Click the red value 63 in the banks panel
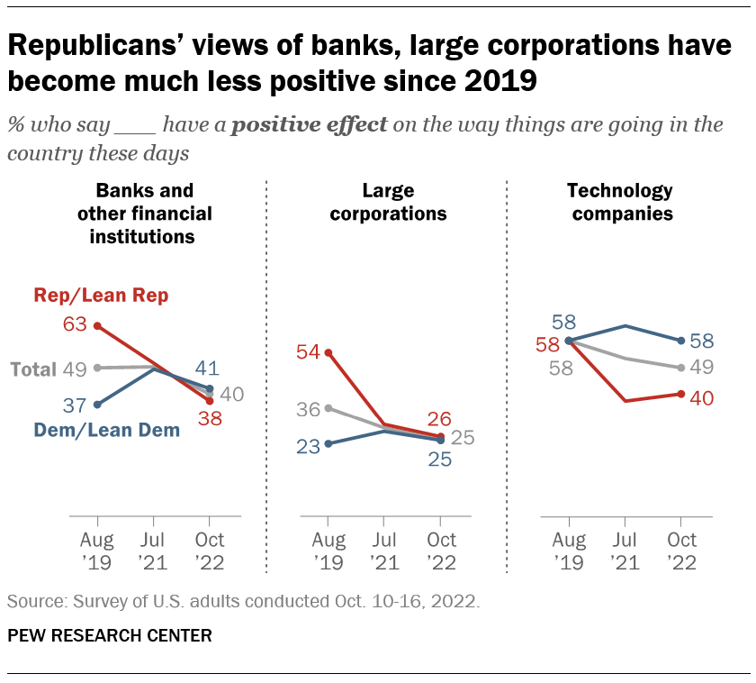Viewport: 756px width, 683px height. point(75,324)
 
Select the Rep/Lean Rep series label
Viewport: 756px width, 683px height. point(101,295)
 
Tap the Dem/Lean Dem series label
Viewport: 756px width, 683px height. point(107,431)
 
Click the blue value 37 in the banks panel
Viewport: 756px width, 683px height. point(75,405)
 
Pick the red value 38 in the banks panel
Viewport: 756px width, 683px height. point(209,418)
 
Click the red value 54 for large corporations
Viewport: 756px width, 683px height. point(308,352)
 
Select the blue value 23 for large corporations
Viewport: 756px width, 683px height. point(308,445)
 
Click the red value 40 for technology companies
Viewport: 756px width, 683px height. point(703,397)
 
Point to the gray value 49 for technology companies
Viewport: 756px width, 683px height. point(703,367)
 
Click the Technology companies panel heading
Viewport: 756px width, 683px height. point(619,202)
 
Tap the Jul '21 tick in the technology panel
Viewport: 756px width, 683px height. point(625,551)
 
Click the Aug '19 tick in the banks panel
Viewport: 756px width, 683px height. point(96,551)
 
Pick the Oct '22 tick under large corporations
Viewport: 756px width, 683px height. point(440,551)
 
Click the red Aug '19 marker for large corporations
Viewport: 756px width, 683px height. point(328,352)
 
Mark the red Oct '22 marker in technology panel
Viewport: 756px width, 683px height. point(681,394)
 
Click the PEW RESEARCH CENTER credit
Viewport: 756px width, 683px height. point(110,636)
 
